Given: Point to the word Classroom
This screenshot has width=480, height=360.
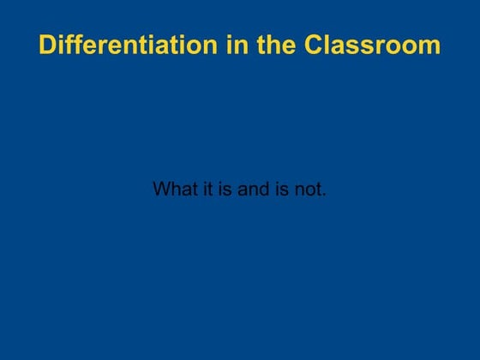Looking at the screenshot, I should [x=373, y=45].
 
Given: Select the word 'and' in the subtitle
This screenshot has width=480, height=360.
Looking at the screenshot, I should [x=254, y=189].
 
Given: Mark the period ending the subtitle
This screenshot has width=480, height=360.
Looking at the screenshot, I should [x=324, y=195].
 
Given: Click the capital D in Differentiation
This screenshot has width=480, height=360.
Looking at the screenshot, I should [x=48, y=45].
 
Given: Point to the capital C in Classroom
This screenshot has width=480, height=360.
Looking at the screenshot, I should [x=315, y=45].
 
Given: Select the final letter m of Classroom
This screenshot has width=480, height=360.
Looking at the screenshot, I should [x=431, y=46].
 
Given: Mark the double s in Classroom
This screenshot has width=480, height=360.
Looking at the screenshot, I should [x=363, y=46].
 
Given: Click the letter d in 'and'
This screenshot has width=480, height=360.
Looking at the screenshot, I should [x=265, y=189].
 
